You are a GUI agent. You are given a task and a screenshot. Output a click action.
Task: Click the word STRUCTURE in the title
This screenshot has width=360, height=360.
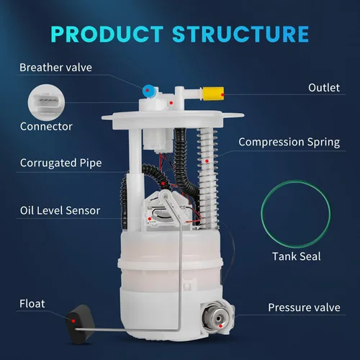tap(240, 34)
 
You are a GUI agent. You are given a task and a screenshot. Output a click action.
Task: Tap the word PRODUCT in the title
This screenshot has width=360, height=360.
tap(107, 34)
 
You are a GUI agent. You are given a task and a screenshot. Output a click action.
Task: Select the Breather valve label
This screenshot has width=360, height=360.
tap(55, 68)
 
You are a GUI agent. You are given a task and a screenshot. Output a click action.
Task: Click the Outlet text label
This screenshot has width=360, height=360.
tap(324, 88)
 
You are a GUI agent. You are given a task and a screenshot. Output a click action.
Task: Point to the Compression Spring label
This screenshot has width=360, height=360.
tap(289, 142)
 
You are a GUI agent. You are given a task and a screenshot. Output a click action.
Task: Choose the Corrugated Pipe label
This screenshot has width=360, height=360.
tap(61, 163)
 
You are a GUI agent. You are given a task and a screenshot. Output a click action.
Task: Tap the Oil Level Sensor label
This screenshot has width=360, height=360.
tap(60, 210)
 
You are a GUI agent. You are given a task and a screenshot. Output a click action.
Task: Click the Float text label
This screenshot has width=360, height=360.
tap(32, 304)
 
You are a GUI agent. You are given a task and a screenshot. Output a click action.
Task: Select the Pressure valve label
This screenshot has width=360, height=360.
tap(304, 307)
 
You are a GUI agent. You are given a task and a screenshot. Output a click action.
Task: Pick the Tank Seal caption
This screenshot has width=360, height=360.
tap(297, 256)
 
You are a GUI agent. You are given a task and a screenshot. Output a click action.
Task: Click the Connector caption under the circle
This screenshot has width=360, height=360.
tap(46, 127)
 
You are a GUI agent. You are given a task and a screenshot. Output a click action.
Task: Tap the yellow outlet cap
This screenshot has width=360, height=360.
tap(213, 94)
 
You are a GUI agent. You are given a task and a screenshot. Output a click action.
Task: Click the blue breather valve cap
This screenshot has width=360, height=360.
tap(149, 91)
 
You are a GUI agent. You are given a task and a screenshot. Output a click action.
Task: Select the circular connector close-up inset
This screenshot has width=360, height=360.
tap(46, 102)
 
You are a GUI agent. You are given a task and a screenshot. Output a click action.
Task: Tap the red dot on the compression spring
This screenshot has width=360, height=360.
tap(207, 161)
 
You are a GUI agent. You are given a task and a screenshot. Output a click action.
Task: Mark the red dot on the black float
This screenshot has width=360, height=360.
tap(73, 321)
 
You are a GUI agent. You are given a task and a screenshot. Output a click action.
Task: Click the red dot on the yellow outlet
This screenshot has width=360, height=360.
tap(222, 95)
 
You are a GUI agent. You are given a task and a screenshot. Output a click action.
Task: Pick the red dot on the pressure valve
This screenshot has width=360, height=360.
tap(220, 326)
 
